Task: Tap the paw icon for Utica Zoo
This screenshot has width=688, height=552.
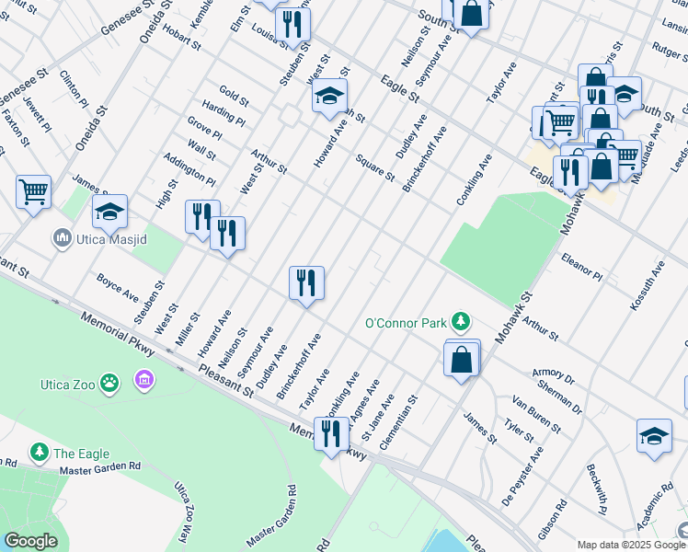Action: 109,381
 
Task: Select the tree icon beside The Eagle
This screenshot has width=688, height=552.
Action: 40,452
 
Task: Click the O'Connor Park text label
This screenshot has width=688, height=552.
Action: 405,323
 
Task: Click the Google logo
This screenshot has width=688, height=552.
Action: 30,541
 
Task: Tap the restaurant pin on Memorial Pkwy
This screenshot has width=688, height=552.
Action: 331,432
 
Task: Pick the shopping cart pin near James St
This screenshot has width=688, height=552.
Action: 33,192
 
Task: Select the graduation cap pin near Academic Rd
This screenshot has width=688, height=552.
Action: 654,435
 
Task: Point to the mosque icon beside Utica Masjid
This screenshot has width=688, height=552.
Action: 63,239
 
